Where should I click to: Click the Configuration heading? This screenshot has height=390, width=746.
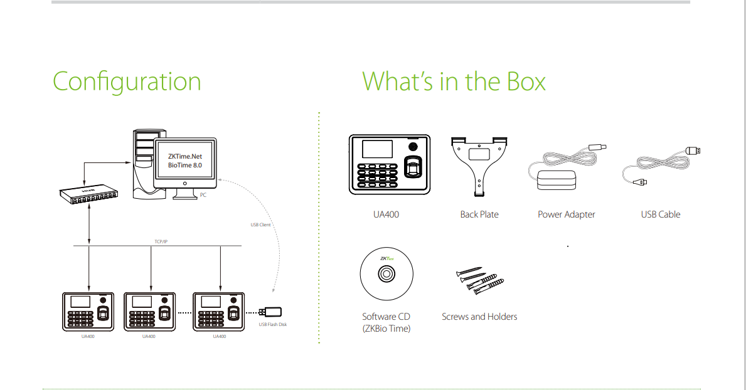tap(127, 82)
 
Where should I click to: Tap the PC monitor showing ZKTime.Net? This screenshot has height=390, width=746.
tap(185, 161)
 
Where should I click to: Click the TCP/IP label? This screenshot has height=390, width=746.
tap(161, 241)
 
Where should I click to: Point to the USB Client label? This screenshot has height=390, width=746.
tap(260, 224)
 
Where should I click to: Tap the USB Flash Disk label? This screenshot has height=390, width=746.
tap(273, 324)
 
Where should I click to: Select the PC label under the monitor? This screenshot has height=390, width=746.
tap(203, 196)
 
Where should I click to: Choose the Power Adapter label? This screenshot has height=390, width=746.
tap(566, 214)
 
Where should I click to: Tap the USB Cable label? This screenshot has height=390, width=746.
tap(660, 214)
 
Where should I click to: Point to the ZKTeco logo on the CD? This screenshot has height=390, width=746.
tap(386, 258)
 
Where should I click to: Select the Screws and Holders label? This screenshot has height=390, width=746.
tap(479, 317)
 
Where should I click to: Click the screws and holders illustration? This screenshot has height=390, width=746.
tap(479, 280)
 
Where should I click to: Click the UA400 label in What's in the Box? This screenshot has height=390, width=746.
tap(386, 214)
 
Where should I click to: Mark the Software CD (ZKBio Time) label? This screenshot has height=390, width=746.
tap(386, 322)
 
